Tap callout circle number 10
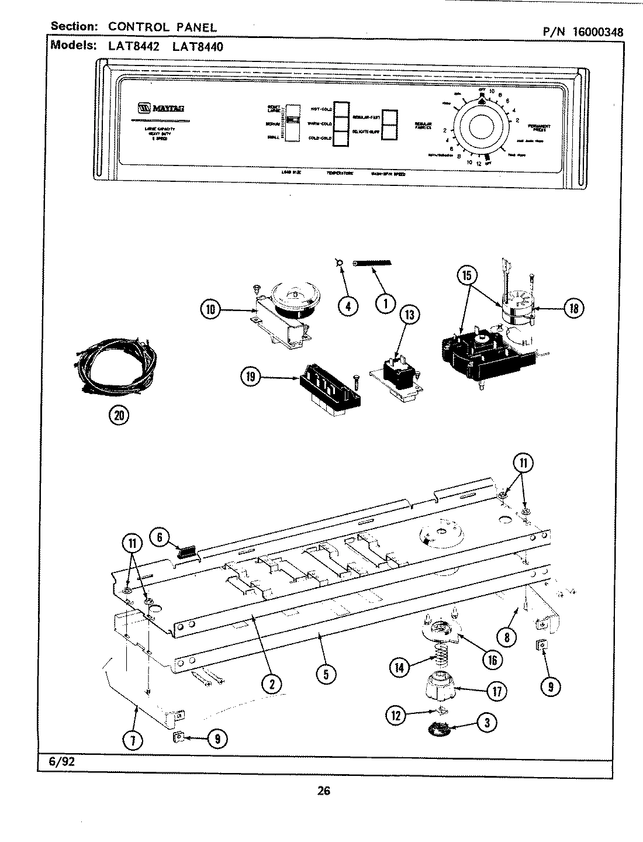click(210, 310)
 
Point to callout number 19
click(251, 377)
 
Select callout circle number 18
click(573, 308)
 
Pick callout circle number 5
click(326, 674)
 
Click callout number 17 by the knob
click(496, 691)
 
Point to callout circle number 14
click(400, 667)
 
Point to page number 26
click(324, 791)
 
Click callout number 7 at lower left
click(133, 740)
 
